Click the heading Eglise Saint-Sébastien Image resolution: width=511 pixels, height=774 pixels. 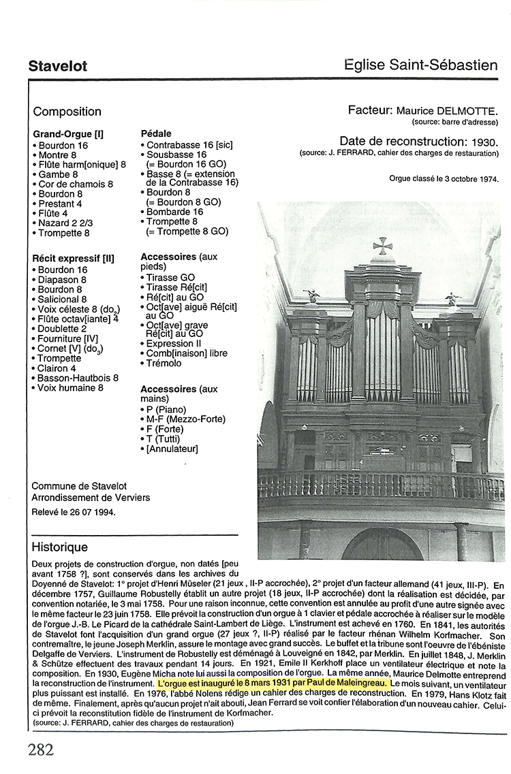421,65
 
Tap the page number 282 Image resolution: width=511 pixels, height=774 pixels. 41,750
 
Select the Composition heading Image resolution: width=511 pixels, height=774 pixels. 67,112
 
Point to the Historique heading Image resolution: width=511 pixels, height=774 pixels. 60,547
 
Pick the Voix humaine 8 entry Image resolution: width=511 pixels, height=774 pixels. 70,387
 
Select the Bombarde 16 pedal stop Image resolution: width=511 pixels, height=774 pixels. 174,212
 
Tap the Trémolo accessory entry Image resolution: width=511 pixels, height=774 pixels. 164,363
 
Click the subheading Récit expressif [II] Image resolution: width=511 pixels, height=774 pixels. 73,259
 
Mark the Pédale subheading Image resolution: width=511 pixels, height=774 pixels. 155,133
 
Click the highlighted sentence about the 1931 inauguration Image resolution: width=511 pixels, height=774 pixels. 273,682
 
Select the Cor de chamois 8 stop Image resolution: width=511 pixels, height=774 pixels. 75,184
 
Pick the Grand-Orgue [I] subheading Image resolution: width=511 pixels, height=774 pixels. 68,133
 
